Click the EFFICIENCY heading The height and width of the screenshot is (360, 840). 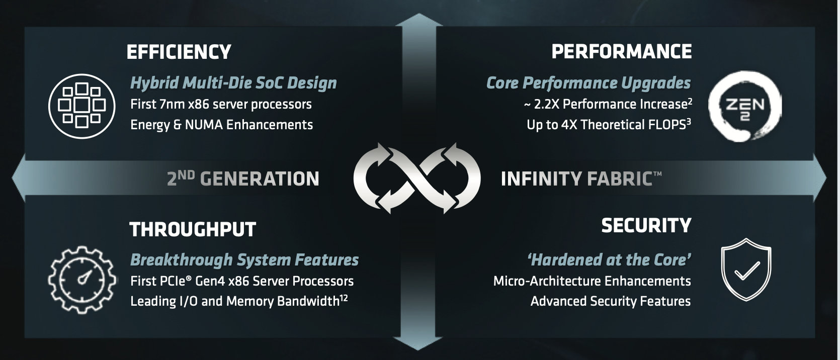pos(179,52)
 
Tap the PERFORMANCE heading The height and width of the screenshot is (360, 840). pos(621,52)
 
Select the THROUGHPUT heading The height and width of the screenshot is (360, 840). pos(192,229)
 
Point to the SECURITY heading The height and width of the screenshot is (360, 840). pos(646,225)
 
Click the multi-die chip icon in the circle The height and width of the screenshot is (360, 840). pos(82,106)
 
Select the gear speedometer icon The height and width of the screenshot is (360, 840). pos(82,280)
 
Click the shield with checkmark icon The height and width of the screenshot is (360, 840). pos(746,269)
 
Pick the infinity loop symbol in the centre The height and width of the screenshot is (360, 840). pos(417,178)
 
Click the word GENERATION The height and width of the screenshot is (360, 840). pos(260,179)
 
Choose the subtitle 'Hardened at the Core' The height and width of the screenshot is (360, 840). pos(609,260)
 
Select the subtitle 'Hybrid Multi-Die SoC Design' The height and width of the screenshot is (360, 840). pos(233,83)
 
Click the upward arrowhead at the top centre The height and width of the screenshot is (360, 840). pos(419,20)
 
